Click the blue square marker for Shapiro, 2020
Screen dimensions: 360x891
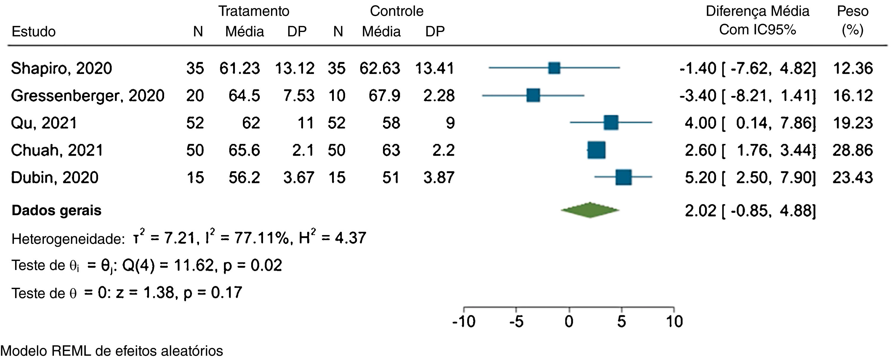point(554,68)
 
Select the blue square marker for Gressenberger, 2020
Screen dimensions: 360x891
point(533,95)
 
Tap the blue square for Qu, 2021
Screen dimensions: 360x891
point(611,123)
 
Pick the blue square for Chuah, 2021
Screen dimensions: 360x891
point(596,150)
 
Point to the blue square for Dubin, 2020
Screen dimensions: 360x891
point(623,177)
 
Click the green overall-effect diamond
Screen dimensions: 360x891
point(590,210)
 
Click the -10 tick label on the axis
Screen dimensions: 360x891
point(464,322)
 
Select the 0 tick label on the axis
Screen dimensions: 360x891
point(569,322)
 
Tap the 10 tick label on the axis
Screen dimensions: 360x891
point(674,322)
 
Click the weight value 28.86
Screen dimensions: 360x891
point(852,150)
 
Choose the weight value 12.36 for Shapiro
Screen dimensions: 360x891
point(852,68)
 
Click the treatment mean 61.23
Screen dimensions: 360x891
point(239,68)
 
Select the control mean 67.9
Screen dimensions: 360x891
point(384,95)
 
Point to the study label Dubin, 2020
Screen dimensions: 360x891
point(55,177)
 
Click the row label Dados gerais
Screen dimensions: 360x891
point(56,210)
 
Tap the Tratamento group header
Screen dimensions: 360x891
point(254,12)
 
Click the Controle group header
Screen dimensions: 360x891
point(396,12)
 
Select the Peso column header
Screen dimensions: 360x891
point(852,12)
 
